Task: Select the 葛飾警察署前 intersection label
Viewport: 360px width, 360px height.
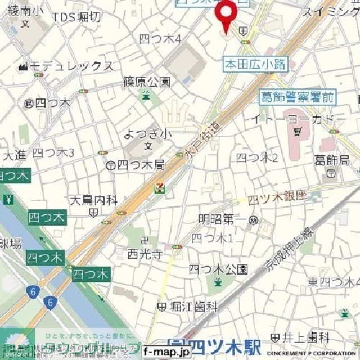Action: [298, 97]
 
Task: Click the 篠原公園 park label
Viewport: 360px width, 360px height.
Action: [146, 82]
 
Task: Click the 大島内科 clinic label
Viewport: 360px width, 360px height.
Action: [93, 200]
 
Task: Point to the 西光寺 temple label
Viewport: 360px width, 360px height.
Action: [146, 254]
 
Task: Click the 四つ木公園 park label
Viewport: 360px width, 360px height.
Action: [218, 269]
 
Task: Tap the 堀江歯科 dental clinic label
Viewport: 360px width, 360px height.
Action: [195, 307]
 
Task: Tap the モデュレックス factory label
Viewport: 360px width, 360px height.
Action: [71, 66]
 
